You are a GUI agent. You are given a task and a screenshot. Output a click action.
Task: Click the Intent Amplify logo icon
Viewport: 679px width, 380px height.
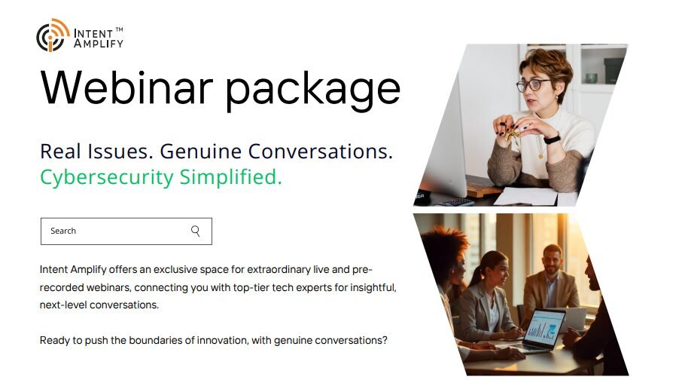[53, 36]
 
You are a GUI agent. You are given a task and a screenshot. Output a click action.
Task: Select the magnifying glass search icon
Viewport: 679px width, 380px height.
[196, 231]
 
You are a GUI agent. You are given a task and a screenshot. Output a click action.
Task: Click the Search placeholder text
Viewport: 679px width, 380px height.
[63, 231]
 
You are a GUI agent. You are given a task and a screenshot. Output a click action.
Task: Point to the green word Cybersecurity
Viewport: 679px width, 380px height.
[106, 178]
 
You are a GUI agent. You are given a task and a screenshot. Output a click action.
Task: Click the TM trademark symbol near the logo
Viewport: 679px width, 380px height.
[119, 29]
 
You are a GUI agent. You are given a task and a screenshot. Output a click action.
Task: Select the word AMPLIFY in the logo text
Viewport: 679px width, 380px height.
[99, 44]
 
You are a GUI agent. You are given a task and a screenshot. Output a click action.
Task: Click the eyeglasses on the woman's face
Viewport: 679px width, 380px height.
[534, 84]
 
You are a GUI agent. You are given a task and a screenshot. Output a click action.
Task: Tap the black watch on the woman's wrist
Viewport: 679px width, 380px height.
[552, 139]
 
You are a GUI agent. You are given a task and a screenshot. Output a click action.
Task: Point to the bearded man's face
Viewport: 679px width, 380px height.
[552, 259]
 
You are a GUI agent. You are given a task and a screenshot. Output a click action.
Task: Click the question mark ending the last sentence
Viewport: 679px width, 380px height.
[385, 340]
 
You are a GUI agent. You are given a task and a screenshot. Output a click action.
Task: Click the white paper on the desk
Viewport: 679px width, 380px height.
[525, 197]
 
